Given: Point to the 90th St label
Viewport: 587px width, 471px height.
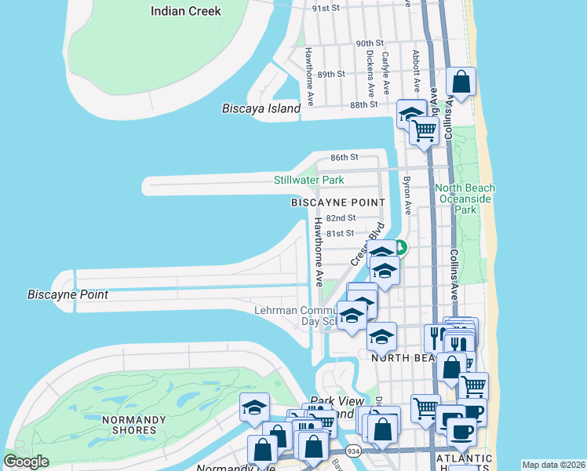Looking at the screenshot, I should [x=369, y=43].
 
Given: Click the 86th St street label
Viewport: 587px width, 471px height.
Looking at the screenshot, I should [x=344, y=157].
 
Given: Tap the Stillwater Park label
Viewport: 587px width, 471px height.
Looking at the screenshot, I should [x=308, y=180].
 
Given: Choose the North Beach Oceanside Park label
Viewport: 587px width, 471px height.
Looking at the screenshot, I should [x=466, y=199].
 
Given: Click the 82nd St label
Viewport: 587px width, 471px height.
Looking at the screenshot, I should [x=341, y=217].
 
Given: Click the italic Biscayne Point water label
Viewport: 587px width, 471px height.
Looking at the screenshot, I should [x=67, y=295].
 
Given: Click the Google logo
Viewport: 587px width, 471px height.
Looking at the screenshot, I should [x=26, y=462].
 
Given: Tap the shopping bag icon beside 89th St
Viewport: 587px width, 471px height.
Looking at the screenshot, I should [x=461, y=81].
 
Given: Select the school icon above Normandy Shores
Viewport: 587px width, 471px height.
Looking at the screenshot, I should [x=255, y=407].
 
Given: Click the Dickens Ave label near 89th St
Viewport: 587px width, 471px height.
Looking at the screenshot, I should [x=370, y=73].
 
